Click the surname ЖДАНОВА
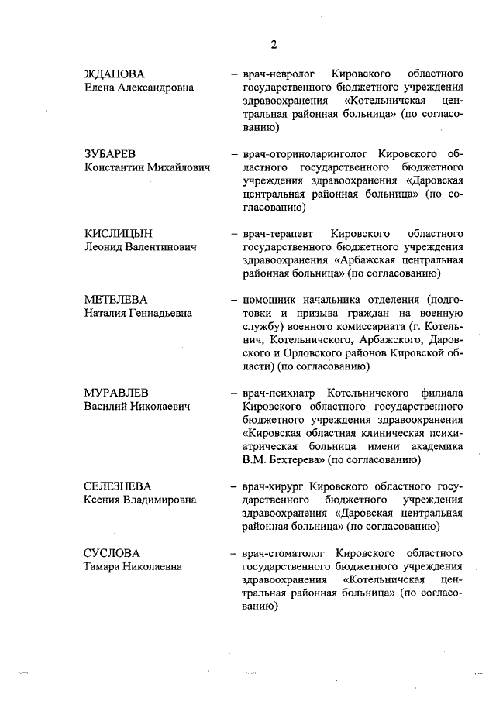tap(115, 74)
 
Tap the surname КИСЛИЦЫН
tap(119, 233)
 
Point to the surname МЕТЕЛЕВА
tap(115, 300)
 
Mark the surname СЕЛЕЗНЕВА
tap(120, 486)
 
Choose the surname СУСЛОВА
tap(112, 553)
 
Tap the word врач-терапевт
tap(276, 233)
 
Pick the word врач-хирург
tap(271, 486)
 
